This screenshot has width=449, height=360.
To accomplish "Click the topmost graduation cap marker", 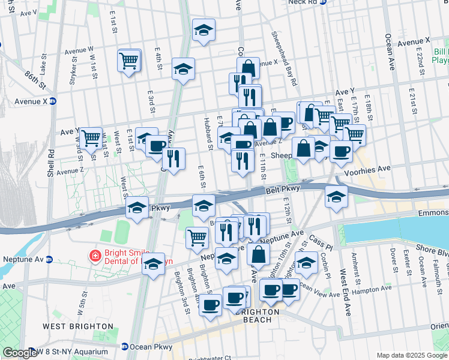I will tap(203, 30).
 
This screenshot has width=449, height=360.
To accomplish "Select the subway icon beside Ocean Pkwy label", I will tap(124, 347).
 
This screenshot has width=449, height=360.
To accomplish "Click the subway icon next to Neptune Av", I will tap(52, 260).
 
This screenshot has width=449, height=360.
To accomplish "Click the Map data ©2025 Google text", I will tap(412, 355).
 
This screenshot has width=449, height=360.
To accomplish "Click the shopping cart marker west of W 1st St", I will tap(91, 138).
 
